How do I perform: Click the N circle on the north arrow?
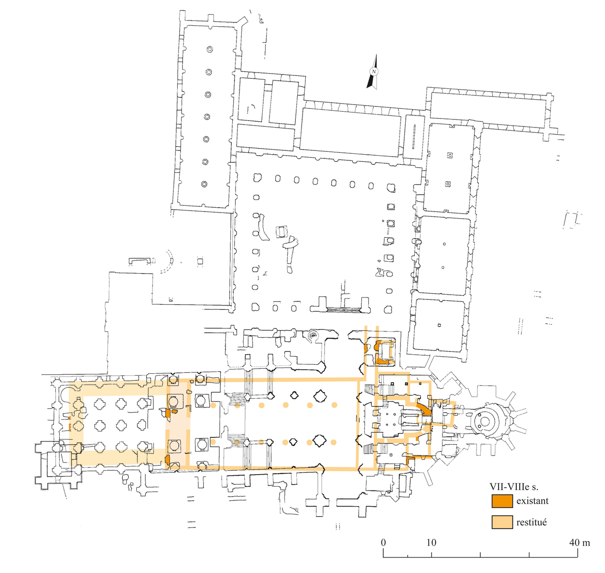[374, 72]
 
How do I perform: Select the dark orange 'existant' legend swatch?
[502, 501]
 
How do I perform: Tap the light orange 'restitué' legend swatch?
[502, 522]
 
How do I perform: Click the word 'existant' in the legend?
[532, 501]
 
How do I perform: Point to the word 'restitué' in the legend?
[531, 522]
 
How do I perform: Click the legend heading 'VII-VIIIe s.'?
[513, 487]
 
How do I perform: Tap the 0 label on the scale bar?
[383, 542]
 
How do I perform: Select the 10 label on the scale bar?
[432, 542]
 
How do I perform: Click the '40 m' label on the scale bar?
[579, 542]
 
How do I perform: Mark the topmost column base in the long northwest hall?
[209, 50]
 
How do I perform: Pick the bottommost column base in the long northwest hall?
[205, 184]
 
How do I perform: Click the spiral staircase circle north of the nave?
[313, 335]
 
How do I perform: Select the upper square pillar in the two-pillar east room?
[449, 155]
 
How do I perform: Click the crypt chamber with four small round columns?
[391, 418]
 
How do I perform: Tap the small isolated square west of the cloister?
[200, 260]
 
